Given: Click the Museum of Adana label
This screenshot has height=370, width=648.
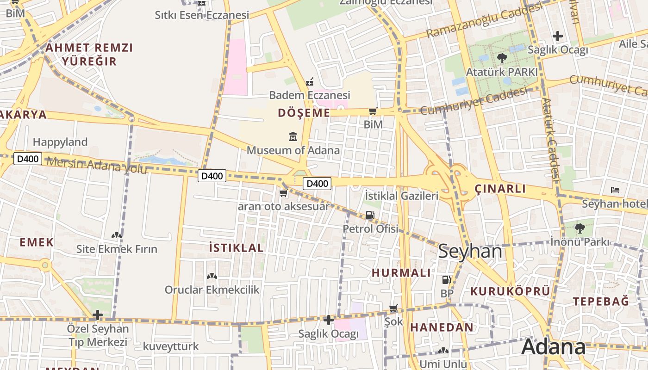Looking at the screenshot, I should coord(293,150).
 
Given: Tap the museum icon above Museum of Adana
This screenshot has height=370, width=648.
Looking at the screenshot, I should coord(293,137).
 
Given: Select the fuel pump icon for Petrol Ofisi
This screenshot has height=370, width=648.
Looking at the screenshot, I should coord(370,215).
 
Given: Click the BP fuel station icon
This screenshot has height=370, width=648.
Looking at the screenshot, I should coord(447,280).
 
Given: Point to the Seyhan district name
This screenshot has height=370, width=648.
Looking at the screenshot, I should coord(470,251).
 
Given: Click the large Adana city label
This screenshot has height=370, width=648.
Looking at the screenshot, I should coord(554,347).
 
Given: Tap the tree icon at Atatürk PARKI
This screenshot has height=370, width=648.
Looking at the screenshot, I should coord(502,58).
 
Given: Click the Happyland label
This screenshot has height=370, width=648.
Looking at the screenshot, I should coord(60,142).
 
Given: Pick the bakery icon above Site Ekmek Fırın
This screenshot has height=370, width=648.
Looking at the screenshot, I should coord(117,235).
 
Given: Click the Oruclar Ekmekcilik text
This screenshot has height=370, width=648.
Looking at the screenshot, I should coord(212,290).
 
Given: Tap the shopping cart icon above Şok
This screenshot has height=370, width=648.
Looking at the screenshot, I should coord(393,308).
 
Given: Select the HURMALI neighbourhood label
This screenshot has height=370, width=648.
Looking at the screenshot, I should coord(401,273).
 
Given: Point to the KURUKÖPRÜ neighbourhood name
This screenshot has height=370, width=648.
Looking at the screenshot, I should coord(510,291).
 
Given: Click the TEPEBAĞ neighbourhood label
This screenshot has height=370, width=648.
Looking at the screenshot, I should coord(601,302).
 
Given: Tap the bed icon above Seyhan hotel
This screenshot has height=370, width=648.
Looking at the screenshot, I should coord(615,190).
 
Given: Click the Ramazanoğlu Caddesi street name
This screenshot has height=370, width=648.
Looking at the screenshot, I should coord(484,20).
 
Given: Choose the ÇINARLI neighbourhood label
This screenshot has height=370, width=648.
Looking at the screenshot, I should coord(500,189).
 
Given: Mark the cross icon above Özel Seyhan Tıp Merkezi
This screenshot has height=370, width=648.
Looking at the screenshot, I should coord(97,315).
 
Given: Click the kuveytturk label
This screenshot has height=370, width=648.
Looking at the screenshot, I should coord(171,346).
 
